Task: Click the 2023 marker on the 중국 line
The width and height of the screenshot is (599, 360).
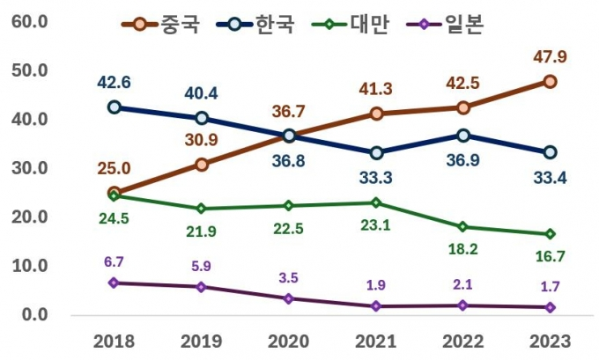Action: [549, 81]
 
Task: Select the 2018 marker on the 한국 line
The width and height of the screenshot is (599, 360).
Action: [115, 107]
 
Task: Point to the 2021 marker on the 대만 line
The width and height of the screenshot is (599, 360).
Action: [376, 202]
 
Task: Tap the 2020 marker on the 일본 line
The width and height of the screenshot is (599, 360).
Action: [289, 298]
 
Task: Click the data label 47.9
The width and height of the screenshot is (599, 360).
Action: [549, 57]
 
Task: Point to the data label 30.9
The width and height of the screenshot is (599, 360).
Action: [202, 140]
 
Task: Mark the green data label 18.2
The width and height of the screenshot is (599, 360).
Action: [462, 250]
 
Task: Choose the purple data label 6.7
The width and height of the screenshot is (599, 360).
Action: [115, 262]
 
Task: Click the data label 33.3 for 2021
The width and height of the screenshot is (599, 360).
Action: [376, 178]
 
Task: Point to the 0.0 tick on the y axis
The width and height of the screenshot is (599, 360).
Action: [34, 314]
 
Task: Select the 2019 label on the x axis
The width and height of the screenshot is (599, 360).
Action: [202, 341]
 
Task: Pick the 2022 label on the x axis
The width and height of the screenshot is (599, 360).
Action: [462, 341]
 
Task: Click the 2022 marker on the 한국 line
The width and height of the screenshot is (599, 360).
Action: [462, 135]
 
